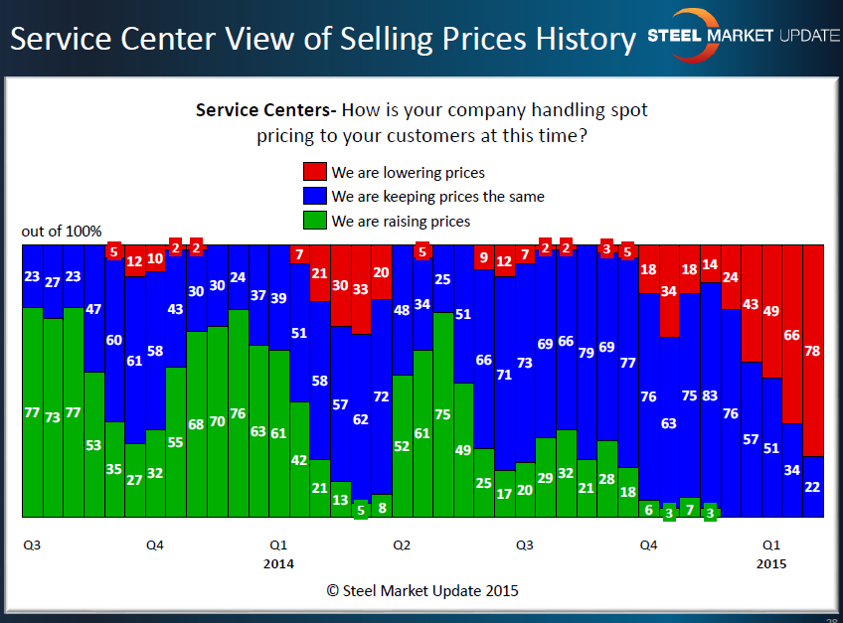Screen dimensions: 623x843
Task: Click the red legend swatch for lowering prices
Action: point(314,172)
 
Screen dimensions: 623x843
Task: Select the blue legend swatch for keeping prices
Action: point(314,197)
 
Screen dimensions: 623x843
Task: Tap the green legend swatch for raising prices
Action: point(314,221)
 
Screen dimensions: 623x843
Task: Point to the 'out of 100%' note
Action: point(62,232)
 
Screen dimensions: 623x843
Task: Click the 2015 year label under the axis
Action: point(770,564)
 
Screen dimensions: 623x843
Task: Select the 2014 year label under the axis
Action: point(278,564)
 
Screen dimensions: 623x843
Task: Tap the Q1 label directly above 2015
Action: point(770,545)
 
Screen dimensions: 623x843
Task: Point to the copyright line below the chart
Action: point(422,590)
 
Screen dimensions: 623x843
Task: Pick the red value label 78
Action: point(813,351)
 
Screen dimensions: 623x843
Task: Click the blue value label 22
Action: point(813,486)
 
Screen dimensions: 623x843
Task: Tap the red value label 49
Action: point(771,311)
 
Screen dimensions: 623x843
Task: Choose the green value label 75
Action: point(442,415)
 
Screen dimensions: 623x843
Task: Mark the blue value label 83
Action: point(710,396)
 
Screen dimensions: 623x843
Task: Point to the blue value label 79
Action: point(587,353)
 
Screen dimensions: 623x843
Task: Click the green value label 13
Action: point(340,500)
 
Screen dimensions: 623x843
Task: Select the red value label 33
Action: point(361,289)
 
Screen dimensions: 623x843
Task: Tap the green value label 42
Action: point(299,460)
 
